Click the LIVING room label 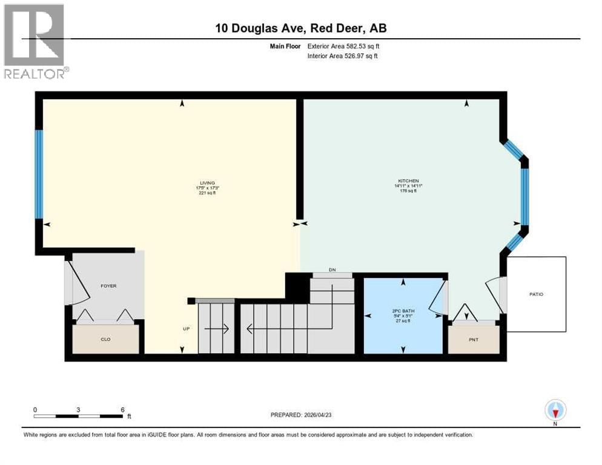click(x=208, y=183)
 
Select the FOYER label click(x=109, y=286)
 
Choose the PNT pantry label click(x=474, y=340)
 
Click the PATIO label click(x=537, y=294)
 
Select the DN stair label click(x=332, y=270)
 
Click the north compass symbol click(x=555, y=411)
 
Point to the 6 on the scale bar click(x=123, y=409)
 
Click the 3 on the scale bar click(x=79, y=409)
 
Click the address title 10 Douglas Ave click(x=300, y=28)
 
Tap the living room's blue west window click(x=39, y=174)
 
